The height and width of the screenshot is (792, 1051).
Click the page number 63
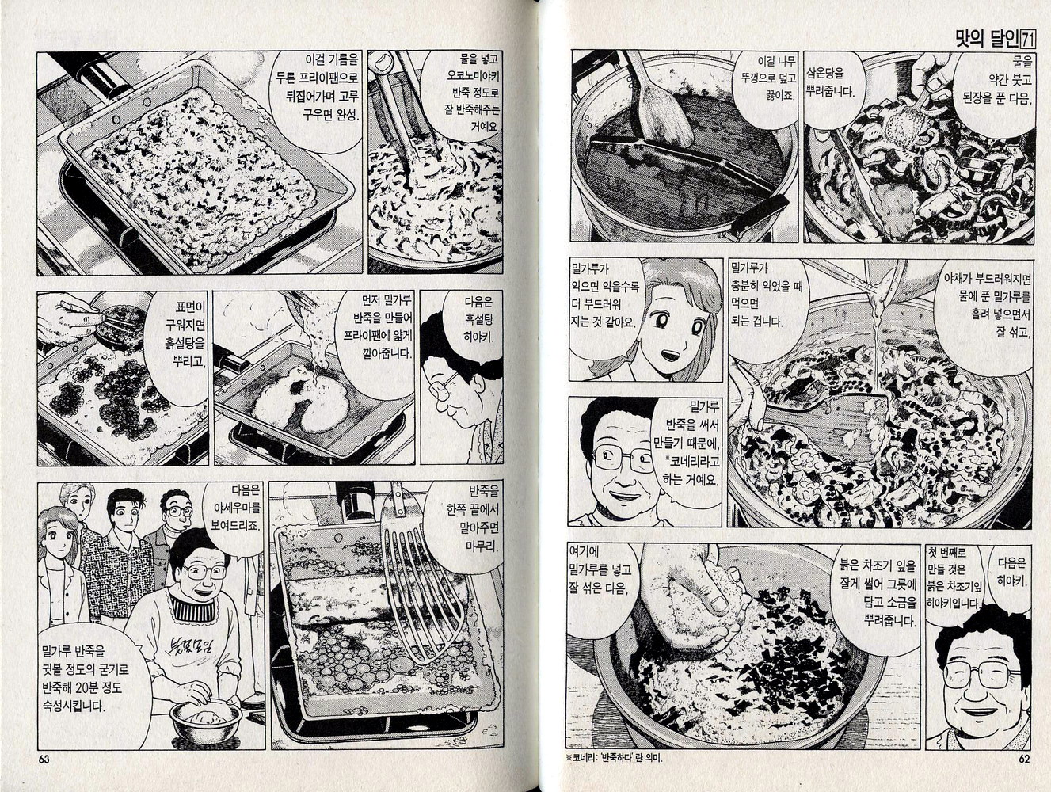click(x=44, y=759)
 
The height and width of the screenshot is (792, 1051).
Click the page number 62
click(x=1024, y=759)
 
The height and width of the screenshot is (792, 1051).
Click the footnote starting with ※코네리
click(x=615, y=758)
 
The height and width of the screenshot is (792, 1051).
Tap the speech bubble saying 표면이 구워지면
click(x=180, y=337)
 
